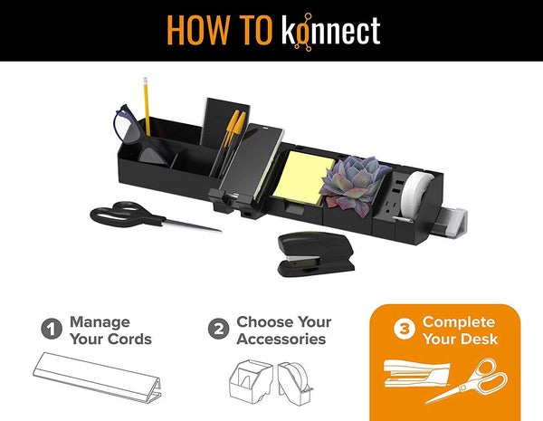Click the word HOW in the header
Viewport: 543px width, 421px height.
coord(198,30)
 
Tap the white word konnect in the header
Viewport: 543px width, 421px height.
coord(331,31)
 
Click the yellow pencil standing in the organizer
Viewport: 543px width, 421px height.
coord(147,106)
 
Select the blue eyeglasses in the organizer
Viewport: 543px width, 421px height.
coord(140,136)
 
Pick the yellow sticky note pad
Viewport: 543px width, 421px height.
coord(303,177)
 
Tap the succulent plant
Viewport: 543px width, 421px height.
coord(354,185)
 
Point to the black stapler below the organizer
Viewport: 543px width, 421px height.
coord(316,254)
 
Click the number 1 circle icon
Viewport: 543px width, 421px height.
coord(52,329)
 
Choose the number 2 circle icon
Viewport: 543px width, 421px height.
coord(218,329)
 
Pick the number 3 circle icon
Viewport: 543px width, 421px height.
coord(405,329)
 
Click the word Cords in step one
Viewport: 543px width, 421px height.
coord(130,339)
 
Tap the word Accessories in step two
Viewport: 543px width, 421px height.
coord(281,339)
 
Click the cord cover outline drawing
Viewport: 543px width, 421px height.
coord(97,378)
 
